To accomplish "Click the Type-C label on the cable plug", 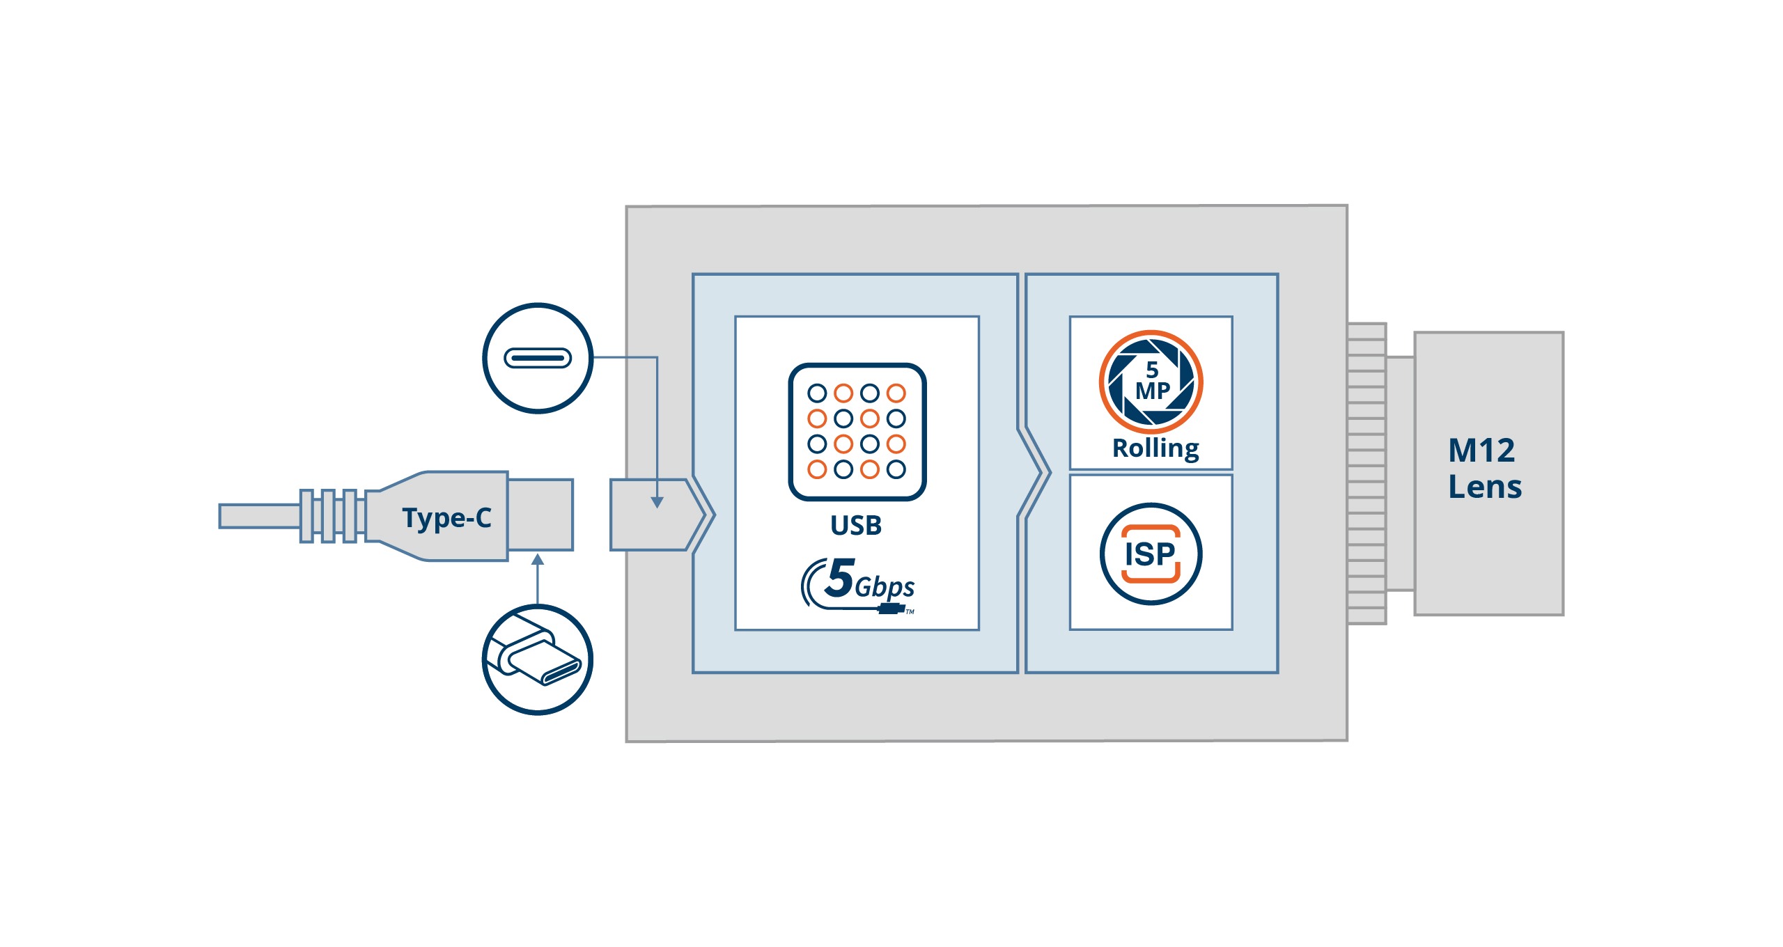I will click(x=446, y=518).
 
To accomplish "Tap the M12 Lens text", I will click(x=1484, y=469).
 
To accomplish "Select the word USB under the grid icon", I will click(x=856, y=525).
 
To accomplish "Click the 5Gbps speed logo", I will click(x=858, y=584).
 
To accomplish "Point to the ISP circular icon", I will click(x=1151, y=554).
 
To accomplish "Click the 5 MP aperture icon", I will click(x=1151, y=382).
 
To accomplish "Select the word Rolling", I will click(x=1155, y=448).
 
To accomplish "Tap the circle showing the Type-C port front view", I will click(x=538, y=358).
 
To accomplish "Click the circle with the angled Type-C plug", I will click(x=538, y=659).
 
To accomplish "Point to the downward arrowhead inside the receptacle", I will click(x=657, y=502).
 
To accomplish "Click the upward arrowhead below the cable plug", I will click(x=537, y=561).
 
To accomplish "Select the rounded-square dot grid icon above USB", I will click(x=857, y=431).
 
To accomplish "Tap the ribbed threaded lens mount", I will click(x=1366, y=473).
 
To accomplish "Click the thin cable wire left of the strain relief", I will click(x=258, y=516).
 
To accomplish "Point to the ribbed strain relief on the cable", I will click(x=333, y=516).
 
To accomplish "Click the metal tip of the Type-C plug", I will click(x=540, y=515).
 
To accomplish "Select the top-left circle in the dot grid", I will click(x=817, y=393).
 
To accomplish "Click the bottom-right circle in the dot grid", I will click(x=896, y=469).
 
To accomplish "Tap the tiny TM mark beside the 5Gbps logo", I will click(x=910, y=612).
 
